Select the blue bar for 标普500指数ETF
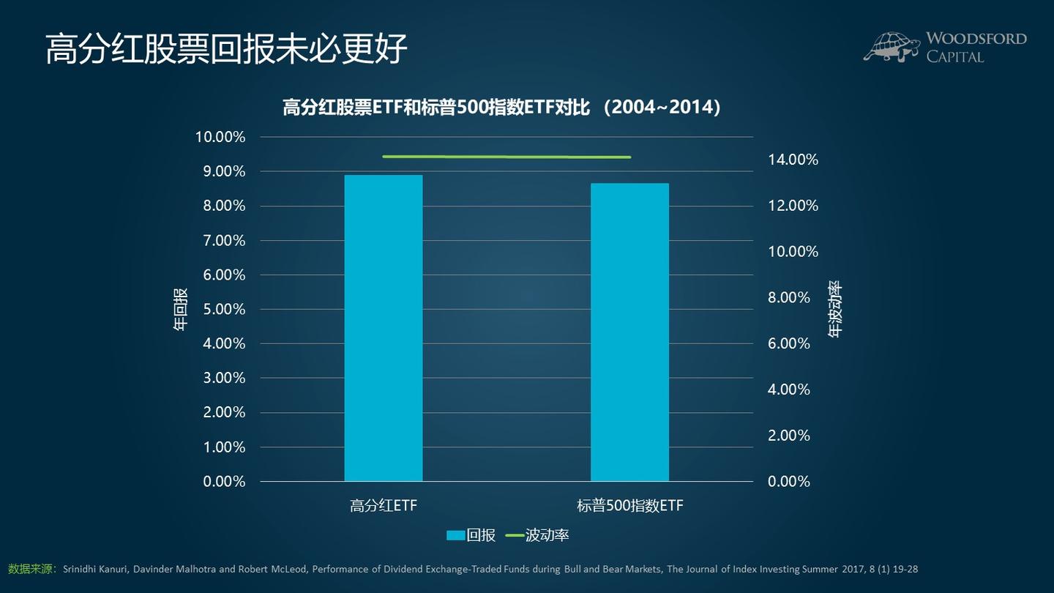point(629,332)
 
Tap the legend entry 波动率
point(537,535)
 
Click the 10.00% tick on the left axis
point(220,137)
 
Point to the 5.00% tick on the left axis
point(220,309)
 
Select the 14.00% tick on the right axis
point(793,160)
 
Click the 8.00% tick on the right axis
point(789,297)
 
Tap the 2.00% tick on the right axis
point(789,435)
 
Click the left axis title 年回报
point(180,309)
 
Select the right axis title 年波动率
point(835,309)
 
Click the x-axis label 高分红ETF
point(383,505)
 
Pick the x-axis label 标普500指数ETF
point(629,505)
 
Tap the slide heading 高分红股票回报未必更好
point(225,49)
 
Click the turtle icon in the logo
point(891,47)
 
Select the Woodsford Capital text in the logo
point(976,47)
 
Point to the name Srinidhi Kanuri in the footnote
point(96,569)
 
